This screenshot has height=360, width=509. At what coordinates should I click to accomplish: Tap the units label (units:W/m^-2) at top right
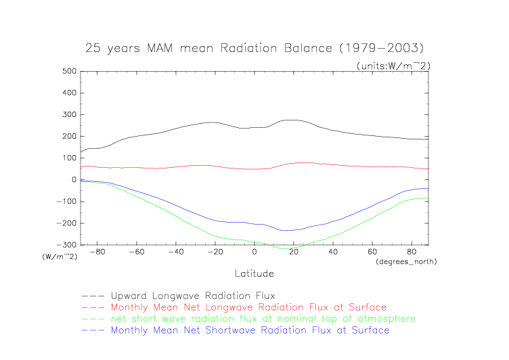pyautogui.click(x=393, y=66)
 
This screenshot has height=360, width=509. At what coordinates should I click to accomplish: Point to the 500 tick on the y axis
pyautogui.click(x=68, y=71)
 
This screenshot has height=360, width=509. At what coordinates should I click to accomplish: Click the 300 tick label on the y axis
pyautogui.click(x=68, y=114)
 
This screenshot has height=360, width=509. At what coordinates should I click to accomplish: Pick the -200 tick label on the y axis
pyautogui.click(x=65, y=223)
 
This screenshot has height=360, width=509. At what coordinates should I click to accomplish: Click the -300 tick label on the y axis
pyautogui.click(x=65, y=245)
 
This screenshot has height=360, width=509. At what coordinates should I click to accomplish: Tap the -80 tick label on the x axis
pyautogui.click(x=97, y=252)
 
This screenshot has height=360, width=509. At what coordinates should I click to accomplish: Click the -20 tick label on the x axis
pyautogui.click(x=214, y=252)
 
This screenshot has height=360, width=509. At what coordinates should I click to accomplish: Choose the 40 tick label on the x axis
pyautogui.click(x=333, y=252)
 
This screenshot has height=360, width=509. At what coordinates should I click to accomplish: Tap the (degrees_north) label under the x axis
pyautogui.click(x=406, y=261)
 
